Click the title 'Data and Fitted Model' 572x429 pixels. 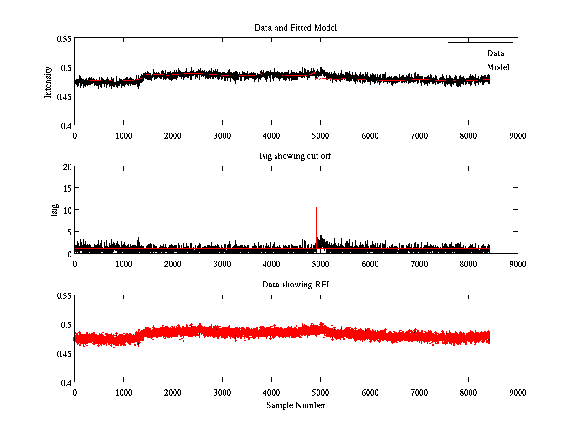tap(296, 28)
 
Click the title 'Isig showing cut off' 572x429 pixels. tap(296, 156)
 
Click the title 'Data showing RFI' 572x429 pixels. tap(296, 285)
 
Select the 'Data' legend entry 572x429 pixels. tap(495, 53)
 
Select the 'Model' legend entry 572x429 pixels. tap(498, 67)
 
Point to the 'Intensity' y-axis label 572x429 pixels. tap(48, 82)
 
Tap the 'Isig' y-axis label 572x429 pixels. tap(54, 210)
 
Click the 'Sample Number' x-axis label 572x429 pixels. tap(296, 405)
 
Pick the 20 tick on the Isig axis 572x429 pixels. tap(66, 166)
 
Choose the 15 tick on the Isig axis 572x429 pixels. tap(66, 188)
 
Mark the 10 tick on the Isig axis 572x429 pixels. tap(66, 210)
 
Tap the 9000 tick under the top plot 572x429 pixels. tap(518, 135)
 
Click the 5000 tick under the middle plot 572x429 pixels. tap(320, 264)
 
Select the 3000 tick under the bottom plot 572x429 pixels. tap(222, 392)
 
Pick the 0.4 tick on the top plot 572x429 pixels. tap(65, 126)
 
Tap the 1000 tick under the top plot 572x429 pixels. tap(123, 135)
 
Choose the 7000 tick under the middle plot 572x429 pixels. tap(419, 264)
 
